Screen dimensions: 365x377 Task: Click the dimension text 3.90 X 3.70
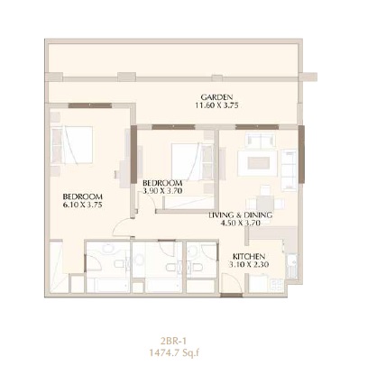[163, 191]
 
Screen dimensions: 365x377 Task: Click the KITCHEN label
[249, 255]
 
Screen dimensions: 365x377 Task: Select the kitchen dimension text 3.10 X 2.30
[249, 264]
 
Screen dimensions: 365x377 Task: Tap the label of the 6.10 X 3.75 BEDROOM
[82, 196]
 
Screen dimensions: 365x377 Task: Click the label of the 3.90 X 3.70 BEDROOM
[163, 182]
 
